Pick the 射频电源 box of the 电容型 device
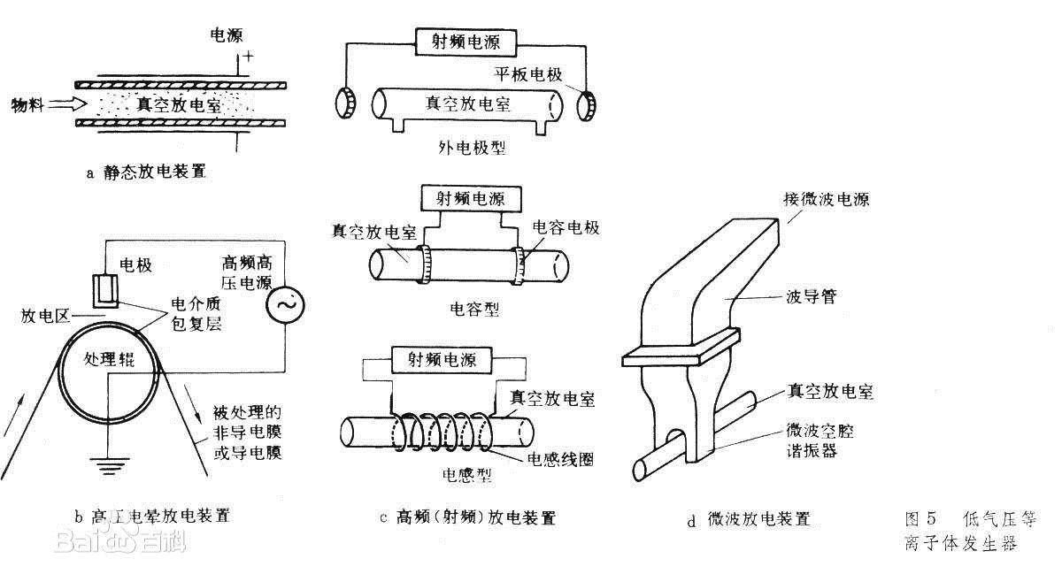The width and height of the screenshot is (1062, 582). [470, 197]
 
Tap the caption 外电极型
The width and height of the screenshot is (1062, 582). [473, 148]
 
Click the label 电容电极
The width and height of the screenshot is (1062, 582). [566, 228]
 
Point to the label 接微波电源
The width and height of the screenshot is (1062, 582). [826, 199]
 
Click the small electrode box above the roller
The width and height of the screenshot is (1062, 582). [107, 287]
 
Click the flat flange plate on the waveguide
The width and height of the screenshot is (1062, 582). [681, 347]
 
